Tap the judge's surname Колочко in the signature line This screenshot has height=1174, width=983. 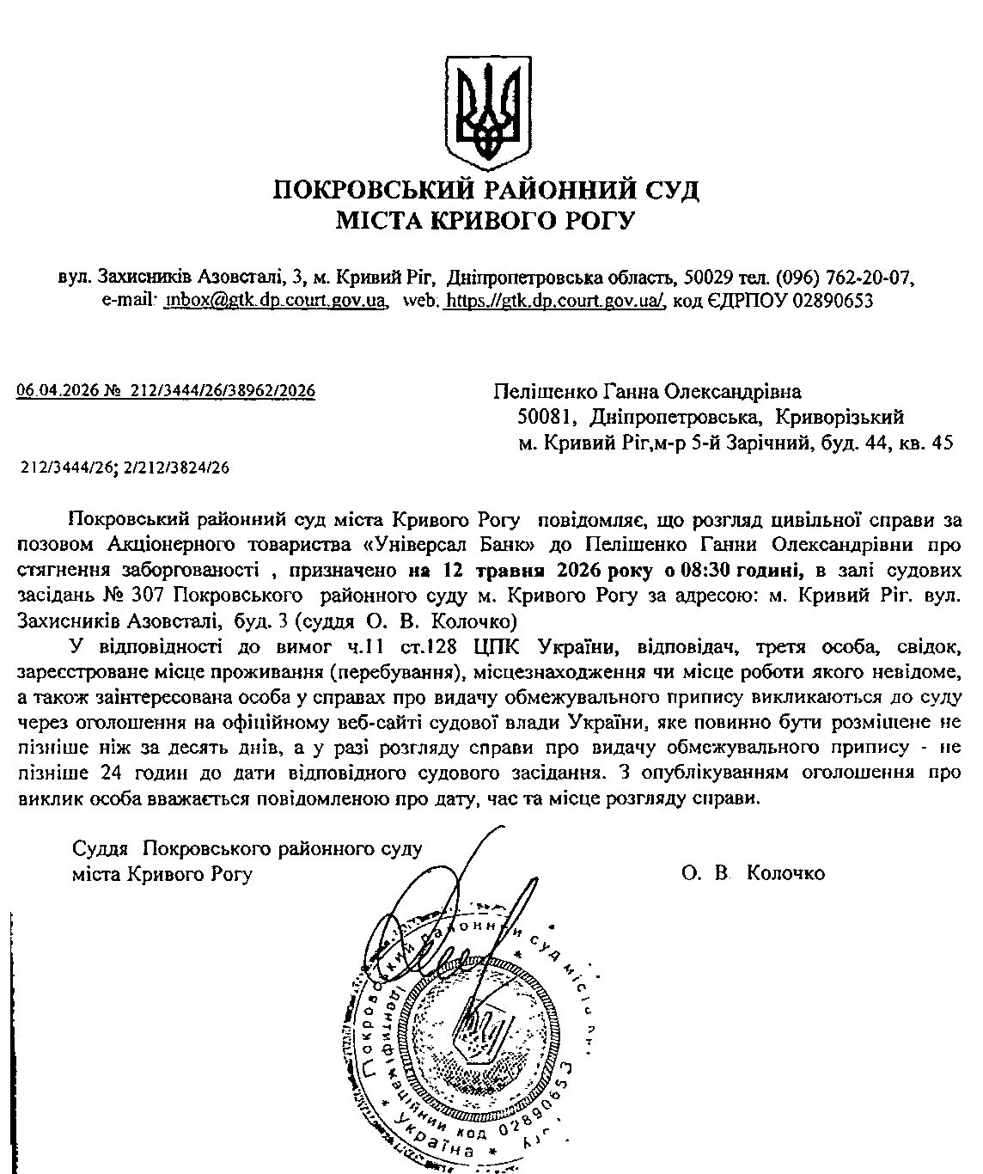click(786, 873)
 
